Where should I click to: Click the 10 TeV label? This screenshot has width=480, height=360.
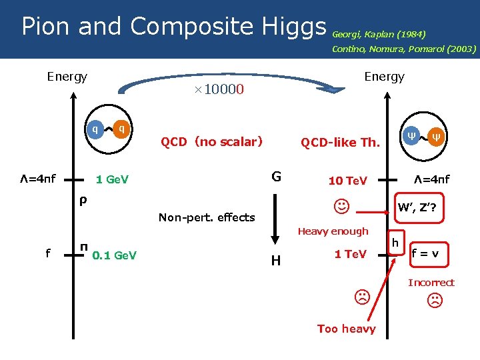[x=347, y=181]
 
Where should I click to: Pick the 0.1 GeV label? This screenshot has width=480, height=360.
[x=115, y=254]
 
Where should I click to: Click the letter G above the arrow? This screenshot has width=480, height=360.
[x=276, y=177]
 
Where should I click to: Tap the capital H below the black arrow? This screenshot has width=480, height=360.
[x=275, y=261]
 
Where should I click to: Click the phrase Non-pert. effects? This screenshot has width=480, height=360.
[x=207, y=217]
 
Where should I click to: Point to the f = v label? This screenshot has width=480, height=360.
[x=429, y=253]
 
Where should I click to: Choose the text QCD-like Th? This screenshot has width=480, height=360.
[x=340, y=142]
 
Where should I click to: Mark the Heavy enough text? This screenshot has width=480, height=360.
[x=333, y=231]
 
